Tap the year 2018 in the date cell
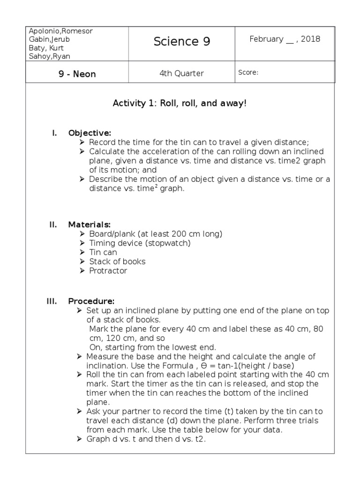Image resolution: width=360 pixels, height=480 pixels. pyautogui.click(x=311, y=39)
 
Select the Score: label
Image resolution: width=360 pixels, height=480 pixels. pyautogui.click(x=248, y=73)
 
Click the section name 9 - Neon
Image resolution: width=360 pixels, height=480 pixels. pyautogui.click(x=77, y=74)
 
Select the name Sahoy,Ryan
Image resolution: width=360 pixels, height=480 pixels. pyautogui.click(x=49, y=56)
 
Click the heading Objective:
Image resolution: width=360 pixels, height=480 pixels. pyautogui.click(x=90, y=133)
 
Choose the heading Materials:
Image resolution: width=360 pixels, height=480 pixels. pyautogui.click(x=90, y=225)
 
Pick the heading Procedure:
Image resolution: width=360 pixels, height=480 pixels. pyautogui.click(x=91, y=301)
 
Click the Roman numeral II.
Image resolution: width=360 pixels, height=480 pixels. pyautogui.click(x=53, y=225)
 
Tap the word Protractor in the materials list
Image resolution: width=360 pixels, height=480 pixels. pyautogui.click(x=108, y=270)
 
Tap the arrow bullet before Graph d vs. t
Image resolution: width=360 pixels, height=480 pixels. pyautogui.click(x=79, y=439)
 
